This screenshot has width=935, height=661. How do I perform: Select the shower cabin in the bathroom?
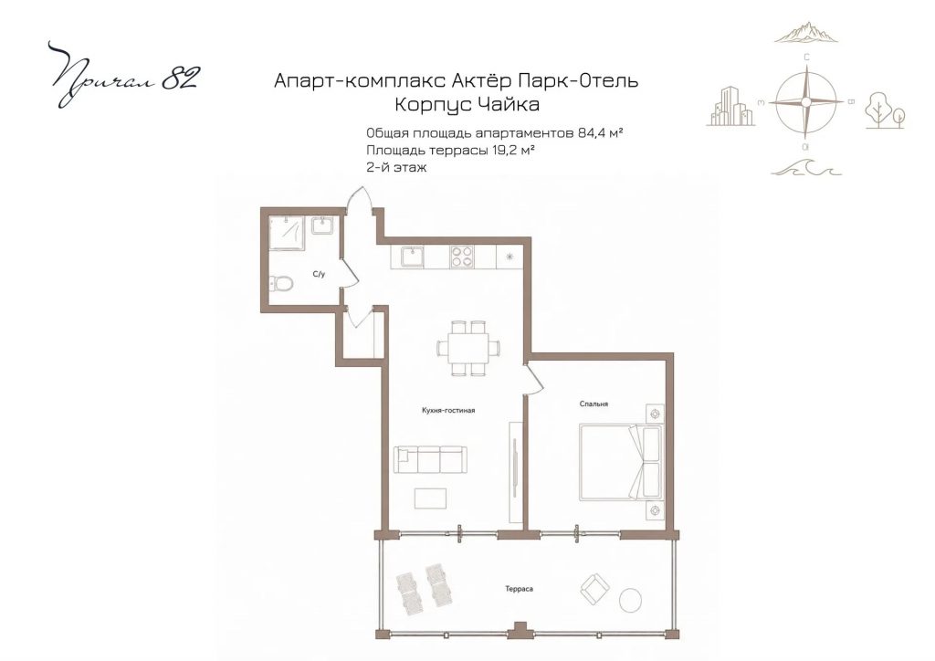pyautogui.click(x=287, y=234)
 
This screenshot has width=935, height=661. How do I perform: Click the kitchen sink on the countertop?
pyautogui.click(x=413, y=257)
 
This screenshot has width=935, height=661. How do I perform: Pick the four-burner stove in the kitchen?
pyautogui.click(x=462, y=257)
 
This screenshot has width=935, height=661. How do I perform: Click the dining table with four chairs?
pyautogui.click(x=468, y=348)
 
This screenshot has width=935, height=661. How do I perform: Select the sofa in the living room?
pyautogui.click(x=430, y=459)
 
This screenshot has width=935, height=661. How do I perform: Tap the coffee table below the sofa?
pyautogui.click(x=431, y=498)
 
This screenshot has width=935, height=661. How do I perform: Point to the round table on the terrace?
pyautogui.click(x=630, y=600)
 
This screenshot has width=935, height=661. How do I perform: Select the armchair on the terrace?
pyautogui.click(x=594, y=587)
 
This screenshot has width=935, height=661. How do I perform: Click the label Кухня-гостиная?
pyautogui.click(x=447, y=410)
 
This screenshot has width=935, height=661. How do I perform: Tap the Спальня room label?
pyautogui.click(x=594, y=404)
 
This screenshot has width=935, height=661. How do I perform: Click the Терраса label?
pyautogui.click(x=519, y=589)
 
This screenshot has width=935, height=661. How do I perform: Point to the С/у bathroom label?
pyautogui.click(x=319, y=275)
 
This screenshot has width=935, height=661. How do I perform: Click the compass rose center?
pyautogui.click(x=806, y=102)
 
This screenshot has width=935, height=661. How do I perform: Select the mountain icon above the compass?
pyautogui.click(x=805, y=33)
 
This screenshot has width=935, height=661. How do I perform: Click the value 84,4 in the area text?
pyautogui.click(x=590, y=132)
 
